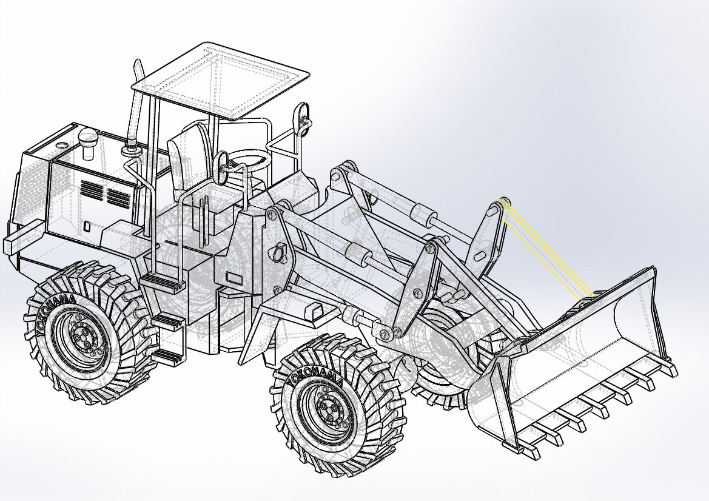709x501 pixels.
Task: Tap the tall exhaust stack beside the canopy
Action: click(x=137, y=97)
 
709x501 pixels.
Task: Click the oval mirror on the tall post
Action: click(x=303, y=112)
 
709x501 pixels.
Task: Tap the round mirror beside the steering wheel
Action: click(x=222, y=162)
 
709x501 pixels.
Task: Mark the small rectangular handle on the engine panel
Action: click(x=87, y=227)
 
